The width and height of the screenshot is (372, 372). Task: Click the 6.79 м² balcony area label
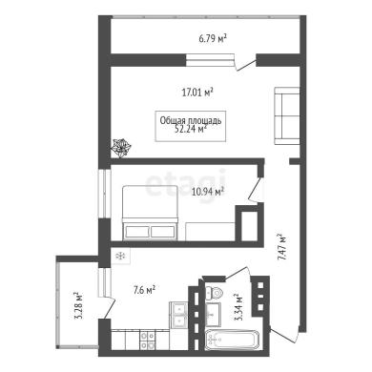pyautogui.click(x=213, y=39)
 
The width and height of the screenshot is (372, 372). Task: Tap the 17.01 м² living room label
pyautogui.click(x=197, y=93)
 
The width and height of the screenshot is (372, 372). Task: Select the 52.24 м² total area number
pyautogui.click(x=191, y=129)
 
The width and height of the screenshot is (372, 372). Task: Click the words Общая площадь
pyautogui.click(x=191, y=120)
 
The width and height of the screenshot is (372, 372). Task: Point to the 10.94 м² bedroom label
pyautogui.click(x=208, y=192)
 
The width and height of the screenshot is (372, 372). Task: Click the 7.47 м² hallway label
pyautogui.click(x=281, y=247)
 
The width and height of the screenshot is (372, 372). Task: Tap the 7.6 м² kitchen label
pyautogui.click(x=144, y=290)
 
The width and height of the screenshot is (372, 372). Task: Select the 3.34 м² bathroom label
pyautogui.click(x=238, y=307)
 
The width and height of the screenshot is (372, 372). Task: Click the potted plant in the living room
pyautogui.click(x=120, y=148)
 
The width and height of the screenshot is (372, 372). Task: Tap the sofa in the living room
pyautogui.click(x=287, y=116)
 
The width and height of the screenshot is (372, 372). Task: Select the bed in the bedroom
pyautogui.click(x=150, y=213)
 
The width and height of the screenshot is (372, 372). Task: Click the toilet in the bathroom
pyautogui.click(x=214, y=293)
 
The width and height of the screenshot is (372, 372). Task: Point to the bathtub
pyautogui.click(x=232, y=340)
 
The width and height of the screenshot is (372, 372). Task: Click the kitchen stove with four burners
pyautogui.click(x=148, y=341)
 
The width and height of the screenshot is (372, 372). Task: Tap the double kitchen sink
pyautogui.click(x=177, y=315)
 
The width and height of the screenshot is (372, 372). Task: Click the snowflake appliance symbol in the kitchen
pyautogui.click(x=120, y=256)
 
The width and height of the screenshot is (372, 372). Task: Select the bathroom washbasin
pyautogui.click(x=214, y=314)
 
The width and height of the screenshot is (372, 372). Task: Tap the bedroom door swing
pyautogui.click(x=256, y=190)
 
